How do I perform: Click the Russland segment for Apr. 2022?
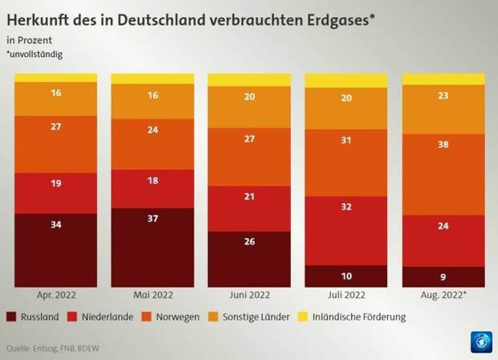pos(55,250)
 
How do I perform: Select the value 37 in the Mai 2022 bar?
pos(152,241)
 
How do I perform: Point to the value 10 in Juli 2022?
pos(345,276)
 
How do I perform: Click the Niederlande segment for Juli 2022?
pos(345,230)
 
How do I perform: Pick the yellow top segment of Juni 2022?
pos(249,80)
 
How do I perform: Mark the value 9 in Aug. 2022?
pos(443,276)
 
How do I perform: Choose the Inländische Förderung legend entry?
pos(361,317)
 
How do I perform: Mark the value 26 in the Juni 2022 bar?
pos(249,242)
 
